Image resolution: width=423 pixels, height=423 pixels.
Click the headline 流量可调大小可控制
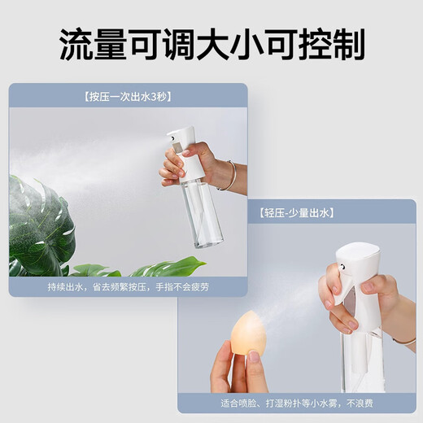(211, 46)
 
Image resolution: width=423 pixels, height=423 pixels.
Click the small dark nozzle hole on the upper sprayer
(172, 137)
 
